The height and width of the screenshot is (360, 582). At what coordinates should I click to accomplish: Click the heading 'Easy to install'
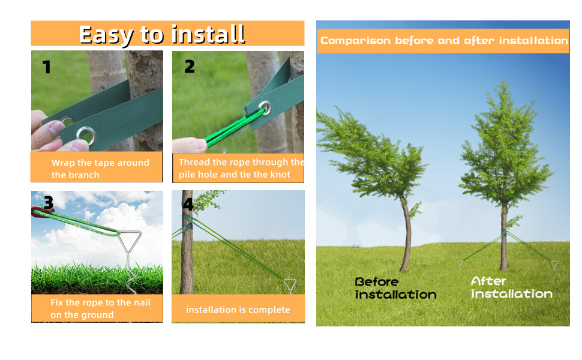coord(162,34)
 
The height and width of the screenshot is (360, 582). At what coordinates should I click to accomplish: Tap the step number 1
coord(47,67)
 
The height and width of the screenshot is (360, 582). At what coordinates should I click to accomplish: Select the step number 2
coord(190,66)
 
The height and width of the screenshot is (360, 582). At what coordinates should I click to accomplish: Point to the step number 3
coord(49,203)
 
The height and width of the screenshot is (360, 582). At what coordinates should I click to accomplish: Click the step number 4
coord(188,205)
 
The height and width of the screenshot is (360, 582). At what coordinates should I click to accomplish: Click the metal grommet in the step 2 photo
coord(265,108)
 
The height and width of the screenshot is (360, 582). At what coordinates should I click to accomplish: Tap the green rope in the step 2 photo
coord(228,129)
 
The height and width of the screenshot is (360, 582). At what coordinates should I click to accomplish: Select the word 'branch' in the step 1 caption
coord(84,175)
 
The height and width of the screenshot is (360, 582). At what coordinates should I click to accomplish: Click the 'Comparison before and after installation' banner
coord(443,41)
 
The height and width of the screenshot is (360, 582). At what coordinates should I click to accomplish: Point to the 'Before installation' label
coord(395,288)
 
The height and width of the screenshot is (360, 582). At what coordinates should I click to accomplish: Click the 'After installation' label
coord(511,287)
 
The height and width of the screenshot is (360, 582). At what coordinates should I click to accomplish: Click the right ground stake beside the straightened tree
coord(554,264)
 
